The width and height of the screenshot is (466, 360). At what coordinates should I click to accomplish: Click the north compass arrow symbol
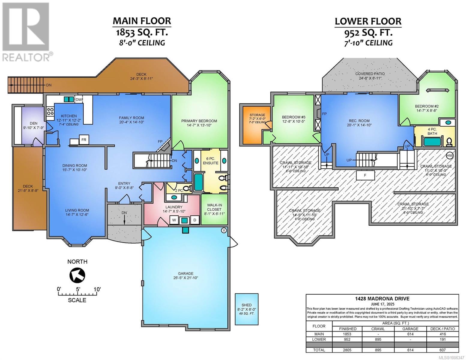click(x=77, y=275)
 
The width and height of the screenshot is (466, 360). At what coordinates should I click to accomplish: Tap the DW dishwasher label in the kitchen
click(x=79, y=100)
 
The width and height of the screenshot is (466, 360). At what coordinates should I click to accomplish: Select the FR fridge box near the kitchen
click(x=84, y=139)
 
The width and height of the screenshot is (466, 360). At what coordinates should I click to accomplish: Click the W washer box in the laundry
click(x=174, y=220)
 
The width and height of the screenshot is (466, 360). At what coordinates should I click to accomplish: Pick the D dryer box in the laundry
click(x=195, y=220)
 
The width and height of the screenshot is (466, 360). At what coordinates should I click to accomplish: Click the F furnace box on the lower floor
click(x=365, y=175)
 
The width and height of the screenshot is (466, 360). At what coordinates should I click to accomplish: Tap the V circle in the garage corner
click(x=224, y=230)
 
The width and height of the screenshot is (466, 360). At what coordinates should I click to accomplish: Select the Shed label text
click(x=247, y=305)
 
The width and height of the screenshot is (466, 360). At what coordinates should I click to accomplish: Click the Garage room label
click(x=186, y=274)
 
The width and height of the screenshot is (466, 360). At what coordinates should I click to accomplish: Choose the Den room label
click(x=33, y=123)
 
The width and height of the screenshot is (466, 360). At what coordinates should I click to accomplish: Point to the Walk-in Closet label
click(x=214, y=207)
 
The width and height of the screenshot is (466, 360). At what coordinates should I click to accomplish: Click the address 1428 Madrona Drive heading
click(x=382, y=299)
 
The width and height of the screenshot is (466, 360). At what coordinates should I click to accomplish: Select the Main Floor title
click(x=142, y=21)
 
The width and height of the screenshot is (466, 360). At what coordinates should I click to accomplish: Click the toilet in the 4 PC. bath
click(x=449, y=142)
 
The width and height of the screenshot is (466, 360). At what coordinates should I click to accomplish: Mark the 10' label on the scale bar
click(x=97, y=289)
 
